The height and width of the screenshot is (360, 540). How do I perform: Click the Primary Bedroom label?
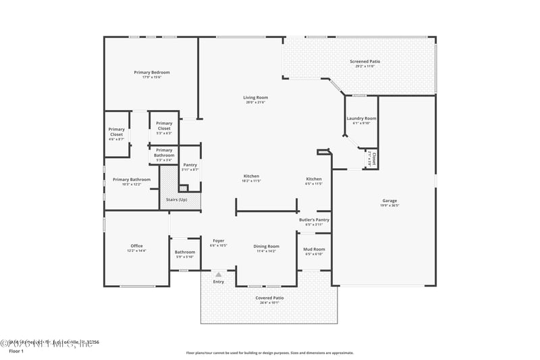tap(151, 72)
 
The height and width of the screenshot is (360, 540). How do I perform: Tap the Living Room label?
tap(256, 97)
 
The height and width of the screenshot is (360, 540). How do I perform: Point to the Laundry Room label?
tap(362, 118)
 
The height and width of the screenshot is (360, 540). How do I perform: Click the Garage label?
tap(389, 201)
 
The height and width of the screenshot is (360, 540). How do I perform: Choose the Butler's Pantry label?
tap(314, 220)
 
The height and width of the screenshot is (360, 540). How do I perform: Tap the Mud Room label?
tap(315, 249)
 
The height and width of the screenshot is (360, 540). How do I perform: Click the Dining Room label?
tap(266, 247)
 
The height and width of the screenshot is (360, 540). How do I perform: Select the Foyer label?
tap(219, 240)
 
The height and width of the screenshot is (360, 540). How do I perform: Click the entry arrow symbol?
tap(219, 275)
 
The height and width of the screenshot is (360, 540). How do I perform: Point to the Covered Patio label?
tap(269, 298)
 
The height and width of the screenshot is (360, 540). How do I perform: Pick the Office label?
tap(136, 246)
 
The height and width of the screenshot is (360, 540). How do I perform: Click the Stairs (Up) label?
tap(177, 199)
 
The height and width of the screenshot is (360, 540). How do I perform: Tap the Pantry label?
tap(190, 165)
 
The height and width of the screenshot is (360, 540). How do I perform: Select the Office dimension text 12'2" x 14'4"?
tap(136, 251)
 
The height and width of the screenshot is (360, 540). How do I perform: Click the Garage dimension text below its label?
tap(389, 206)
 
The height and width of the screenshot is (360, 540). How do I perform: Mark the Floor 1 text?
tap(16, 351)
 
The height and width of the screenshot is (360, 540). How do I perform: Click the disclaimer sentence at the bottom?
tap(269, 353)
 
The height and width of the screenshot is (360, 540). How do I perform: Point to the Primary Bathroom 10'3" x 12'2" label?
tap(127, 180)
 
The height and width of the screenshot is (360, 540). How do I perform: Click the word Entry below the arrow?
tap(219, 282)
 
